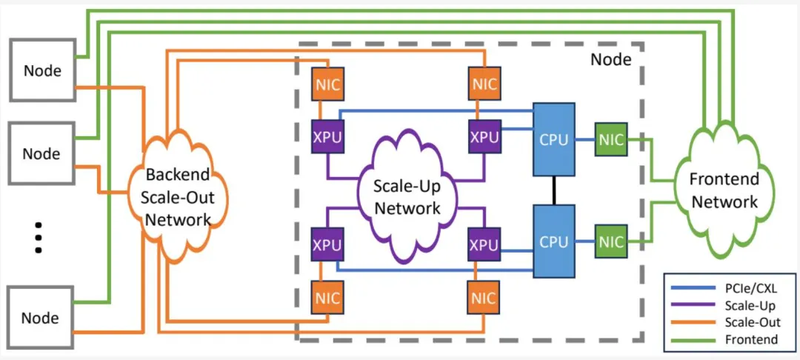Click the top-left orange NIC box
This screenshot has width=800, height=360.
(x=327, y=84)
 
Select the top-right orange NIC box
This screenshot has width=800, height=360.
(x=484, y=84)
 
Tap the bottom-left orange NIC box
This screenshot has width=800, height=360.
(x=327, y=298)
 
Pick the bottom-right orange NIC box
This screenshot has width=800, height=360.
(x=484, y=298)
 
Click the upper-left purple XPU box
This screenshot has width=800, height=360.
(x=327, y=138)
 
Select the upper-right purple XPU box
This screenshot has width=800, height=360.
(x=484, y=138)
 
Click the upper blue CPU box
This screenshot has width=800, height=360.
(x=555, y=139)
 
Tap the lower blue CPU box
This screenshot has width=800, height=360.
(x=555, y=242)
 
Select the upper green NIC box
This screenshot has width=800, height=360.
(x=611, y=139)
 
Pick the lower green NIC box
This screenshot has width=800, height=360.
(x=611, y=242)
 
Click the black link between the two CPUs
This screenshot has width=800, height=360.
(x=555, y=190)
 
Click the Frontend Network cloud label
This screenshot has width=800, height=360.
(x=723, y=190)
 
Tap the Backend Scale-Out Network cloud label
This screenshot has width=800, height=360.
(x=178, y=196)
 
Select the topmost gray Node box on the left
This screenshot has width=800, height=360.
(x=42, y=70)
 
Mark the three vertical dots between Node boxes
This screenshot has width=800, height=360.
(x=40, y=238)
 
